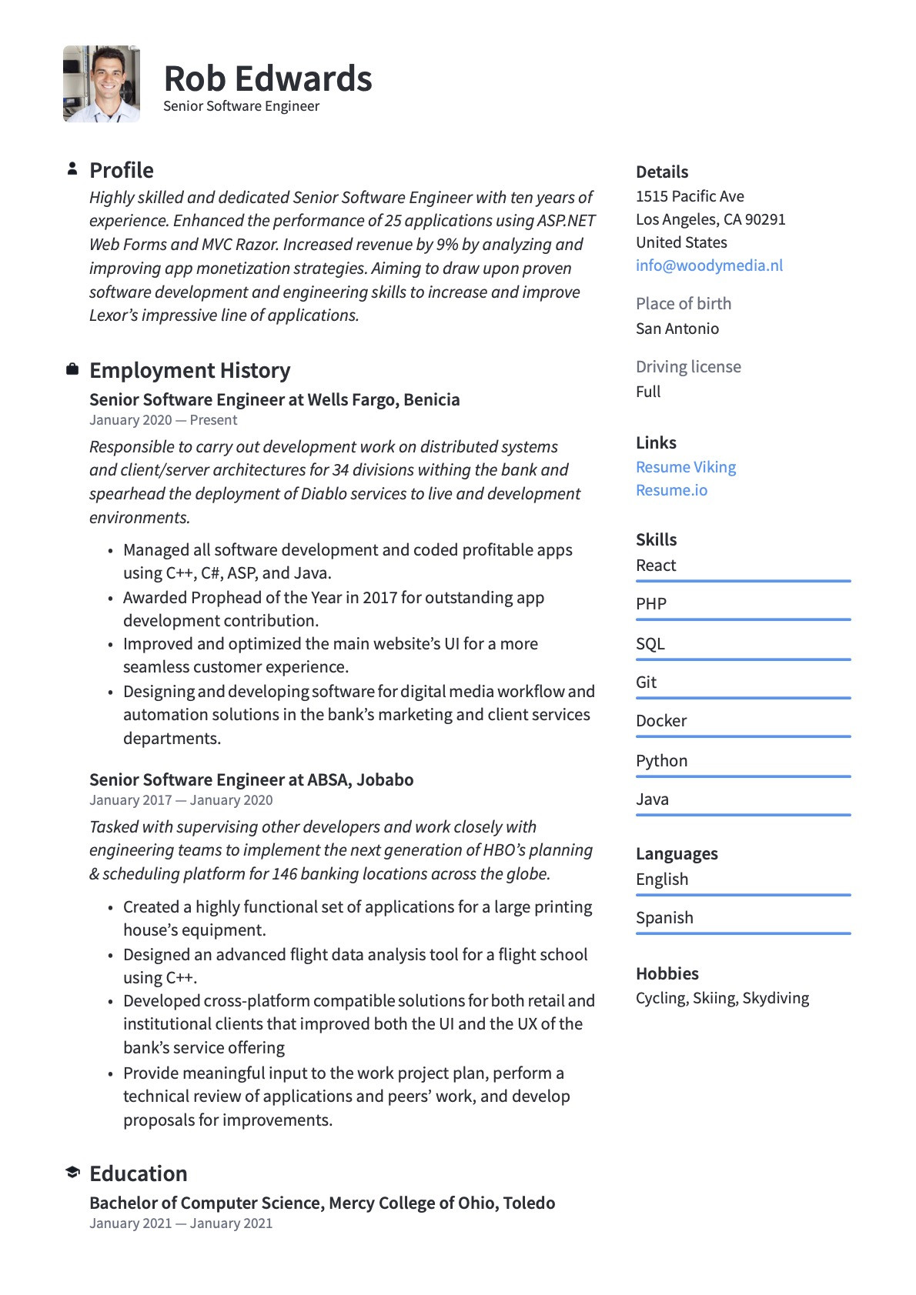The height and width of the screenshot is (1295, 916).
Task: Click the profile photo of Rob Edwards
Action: click(102, 84)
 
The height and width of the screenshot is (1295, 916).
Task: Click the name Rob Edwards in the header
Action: click(268, 79)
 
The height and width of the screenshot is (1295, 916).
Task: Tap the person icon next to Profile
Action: click(72, 169)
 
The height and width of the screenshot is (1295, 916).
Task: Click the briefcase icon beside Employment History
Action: click(72, 369)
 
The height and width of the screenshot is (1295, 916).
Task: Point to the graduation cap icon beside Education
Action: click(72, 1172)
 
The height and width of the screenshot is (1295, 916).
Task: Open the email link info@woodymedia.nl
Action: click(709, 265)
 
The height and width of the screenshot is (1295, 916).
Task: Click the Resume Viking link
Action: click(685, 467)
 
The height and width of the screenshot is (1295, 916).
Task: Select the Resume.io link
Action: click(671, 490)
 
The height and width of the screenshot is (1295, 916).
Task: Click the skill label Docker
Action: click(661, 721)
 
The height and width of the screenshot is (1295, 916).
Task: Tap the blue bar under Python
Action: click(743, 776)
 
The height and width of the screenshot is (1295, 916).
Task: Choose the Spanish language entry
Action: click(664, 917)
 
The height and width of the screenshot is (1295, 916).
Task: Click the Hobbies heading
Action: click(667, 973)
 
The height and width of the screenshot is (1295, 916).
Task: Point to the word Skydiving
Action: click(775, 998)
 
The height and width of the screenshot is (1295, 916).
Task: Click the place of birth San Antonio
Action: click(677, 329)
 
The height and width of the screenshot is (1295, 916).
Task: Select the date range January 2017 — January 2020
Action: click(181, 800)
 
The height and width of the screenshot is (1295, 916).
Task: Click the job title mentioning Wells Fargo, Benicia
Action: click(275, 399)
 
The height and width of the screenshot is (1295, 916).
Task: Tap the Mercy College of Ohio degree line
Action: click(322, 1203)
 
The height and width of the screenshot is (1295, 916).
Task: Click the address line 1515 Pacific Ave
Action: click(690, 196)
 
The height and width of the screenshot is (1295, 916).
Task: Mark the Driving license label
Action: click(688, 367)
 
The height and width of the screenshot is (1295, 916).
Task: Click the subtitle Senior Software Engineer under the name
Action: click(241, 106)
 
